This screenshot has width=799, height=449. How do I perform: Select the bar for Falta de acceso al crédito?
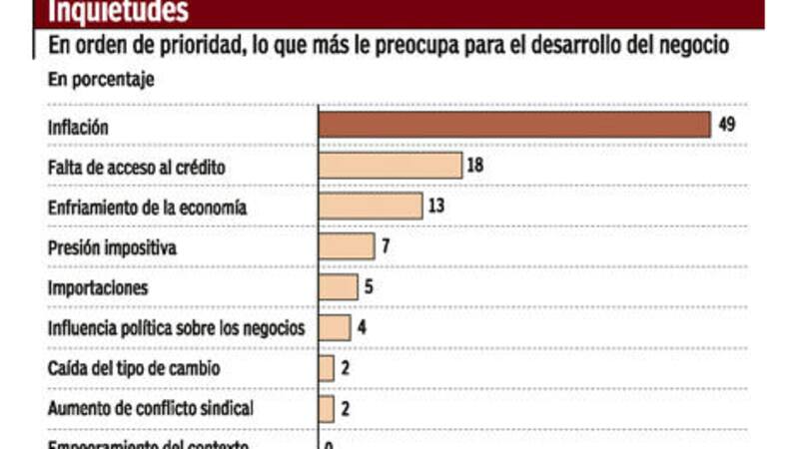tap(391, 166)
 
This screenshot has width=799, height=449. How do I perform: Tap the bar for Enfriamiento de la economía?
tap(371, 207)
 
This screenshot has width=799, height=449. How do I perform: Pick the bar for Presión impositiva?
tap(347, 246)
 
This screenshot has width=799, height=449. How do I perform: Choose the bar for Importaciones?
tap(339, 287)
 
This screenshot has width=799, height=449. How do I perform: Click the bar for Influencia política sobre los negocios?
tap(335, 327)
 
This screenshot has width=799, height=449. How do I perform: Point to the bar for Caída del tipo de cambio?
tap(327, 368)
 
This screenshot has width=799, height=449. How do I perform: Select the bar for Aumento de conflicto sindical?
tap(327, 408)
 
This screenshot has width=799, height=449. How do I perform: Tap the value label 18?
tap(474, 165)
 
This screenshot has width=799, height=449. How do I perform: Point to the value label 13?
tap(434, 206)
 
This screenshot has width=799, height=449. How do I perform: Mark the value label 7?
tap(386, 246)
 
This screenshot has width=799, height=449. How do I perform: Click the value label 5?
tap(370, 287)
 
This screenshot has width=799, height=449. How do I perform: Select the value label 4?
tap(362, 327)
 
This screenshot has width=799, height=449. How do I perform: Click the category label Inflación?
tap(77, 128)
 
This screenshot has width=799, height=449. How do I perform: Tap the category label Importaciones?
tap(98, 288)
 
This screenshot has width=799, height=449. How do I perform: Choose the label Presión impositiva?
tap(112, 247)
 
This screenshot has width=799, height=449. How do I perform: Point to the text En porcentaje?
tap(101, 81)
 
